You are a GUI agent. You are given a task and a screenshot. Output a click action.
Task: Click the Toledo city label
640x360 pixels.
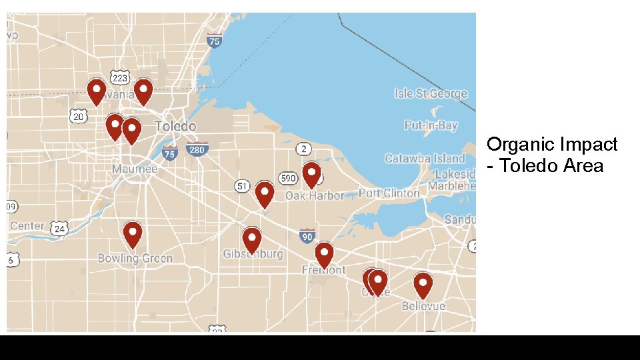[175, 126]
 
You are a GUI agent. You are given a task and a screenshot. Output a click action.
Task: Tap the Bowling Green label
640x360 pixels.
[135, 258]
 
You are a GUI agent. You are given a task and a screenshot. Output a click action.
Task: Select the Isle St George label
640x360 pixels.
[431, 93]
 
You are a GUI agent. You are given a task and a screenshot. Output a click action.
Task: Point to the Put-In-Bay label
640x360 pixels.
[431, 125]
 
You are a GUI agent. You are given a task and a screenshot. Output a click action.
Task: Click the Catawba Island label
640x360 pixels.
[425, 158]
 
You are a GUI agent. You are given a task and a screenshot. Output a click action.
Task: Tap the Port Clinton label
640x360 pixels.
[389, 193]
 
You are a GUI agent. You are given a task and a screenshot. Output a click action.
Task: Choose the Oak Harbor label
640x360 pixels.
[315, 195]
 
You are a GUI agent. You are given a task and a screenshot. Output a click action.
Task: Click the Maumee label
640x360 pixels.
[135, 169]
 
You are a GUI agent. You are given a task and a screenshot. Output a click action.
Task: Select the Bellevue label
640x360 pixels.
[423, 306]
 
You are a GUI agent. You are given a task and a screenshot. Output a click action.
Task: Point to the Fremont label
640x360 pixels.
[324, 270]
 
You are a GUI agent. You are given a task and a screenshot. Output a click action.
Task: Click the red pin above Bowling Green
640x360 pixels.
[133, 234]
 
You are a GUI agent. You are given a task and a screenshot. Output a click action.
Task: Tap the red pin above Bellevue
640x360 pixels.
[423, 284]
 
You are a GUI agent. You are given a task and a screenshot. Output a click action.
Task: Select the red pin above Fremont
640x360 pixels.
[324, 254]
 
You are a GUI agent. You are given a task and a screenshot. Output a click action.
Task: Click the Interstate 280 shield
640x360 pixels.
[197, 150]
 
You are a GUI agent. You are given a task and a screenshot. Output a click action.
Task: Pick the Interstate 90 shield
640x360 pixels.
[307, 235]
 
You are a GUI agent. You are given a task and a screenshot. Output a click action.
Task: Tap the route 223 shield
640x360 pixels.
[119, 78]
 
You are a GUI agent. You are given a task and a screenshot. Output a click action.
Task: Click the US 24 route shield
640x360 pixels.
[60, 229]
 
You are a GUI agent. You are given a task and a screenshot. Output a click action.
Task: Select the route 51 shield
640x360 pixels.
[243, 186]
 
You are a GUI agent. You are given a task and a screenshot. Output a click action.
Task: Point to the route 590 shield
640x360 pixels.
[288, 178]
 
